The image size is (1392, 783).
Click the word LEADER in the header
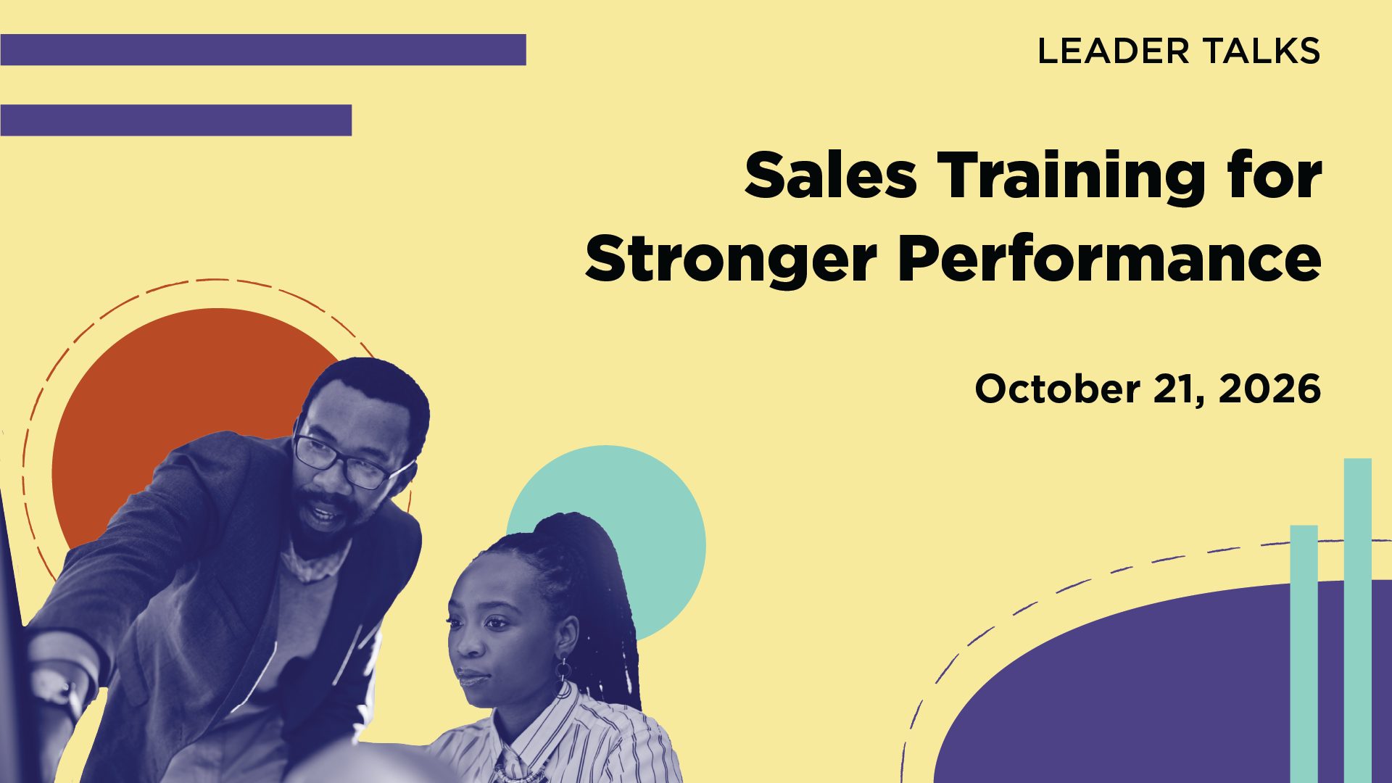coord(1114,51)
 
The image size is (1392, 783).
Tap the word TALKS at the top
coord(1262,51)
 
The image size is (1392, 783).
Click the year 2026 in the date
coord(1270,389)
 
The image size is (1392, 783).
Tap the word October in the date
coord(1058,389)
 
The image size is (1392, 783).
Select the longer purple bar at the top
coord(263,49)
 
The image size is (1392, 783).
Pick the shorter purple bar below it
coord(175,120)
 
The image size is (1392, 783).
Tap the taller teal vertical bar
coord(1358,620)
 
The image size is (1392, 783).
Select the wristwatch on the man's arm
coord(62,689)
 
